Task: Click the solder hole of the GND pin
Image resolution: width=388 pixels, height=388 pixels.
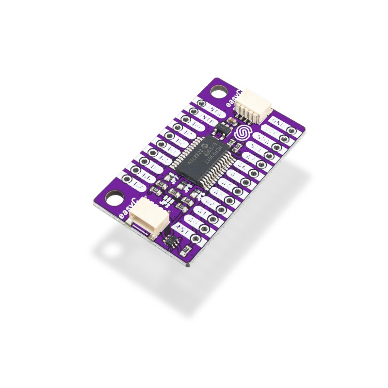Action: click(x=291, y=130)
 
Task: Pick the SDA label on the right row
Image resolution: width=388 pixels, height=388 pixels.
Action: click(x=265, y=140)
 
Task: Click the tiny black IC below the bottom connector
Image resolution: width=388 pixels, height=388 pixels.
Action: click(x=171, y=241)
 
